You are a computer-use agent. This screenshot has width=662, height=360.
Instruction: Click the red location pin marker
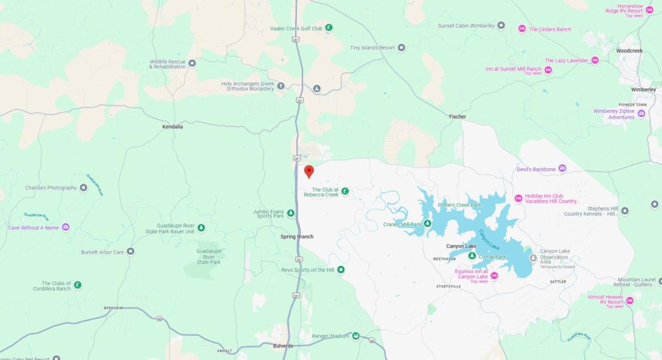coord(309,171)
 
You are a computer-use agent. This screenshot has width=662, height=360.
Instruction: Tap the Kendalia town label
coord(172,126)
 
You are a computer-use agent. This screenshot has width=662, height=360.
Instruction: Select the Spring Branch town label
coord(297,237)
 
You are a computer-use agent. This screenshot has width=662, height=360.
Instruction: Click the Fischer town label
coord(457,116)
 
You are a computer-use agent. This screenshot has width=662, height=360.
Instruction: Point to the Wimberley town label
coord(644,89)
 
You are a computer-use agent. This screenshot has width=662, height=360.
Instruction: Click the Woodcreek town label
coord(629,51)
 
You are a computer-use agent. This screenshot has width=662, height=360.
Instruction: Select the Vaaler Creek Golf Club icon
coord(329,28)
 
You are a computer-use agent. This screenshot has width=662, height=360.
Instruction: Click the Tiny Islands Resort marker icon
coord(402,48)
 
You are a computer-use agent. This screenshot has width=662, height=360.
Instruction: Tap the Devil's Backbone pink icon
coord(562,169)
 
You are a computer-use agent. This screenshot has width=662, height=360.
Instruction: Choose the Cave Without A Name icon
coord(66,227)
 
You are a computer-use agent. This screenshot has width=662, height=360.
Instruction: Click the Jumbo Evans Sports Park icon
coord(290,213)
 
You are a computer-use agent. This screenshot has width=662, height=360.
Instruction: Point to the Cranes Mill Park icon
coord(428,224)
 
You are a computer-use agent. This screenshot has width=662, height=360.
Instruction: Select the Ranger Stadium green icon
coord(356,336)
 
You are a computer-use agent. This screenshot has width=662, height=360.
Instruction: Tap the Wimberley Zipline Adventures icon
coord(641,114)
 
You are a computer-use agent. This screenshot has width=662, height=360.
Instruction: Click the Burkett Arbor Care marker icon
coord(131,252)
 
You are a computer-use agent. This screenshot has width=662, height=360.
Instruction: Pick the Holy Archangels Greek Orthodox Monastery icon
coord(281,85)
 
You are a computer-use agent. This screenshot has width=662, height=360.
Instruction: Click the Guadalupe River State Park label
coord(209,256)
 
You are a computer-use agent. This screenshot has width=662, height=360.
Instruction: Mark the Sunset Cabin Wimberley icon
coord(501,25)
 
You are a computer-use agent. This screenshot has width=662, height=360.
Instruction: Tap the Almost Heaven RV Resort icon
coord(629,300)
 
